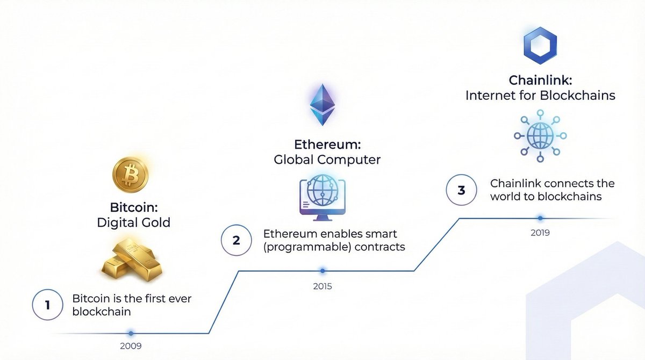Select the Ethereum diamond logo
coord(322,105)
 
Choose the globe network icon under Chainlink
coord(540,134)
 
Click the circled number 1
coord(47,305)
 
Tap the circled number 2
coord(236,240)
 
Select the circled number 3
coord(461,190)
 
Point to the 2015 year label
coord(322,286)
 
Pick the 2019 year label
coord(540,233)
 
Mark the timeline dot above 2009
coord(130,333)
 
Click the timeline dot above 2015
coord(322,271)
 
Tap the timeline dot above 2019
coord(540,218)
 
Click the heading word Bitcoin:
coord(133,207)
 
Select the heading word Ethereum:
coord(327,145)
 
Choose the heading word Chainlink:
coord(540,81)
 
